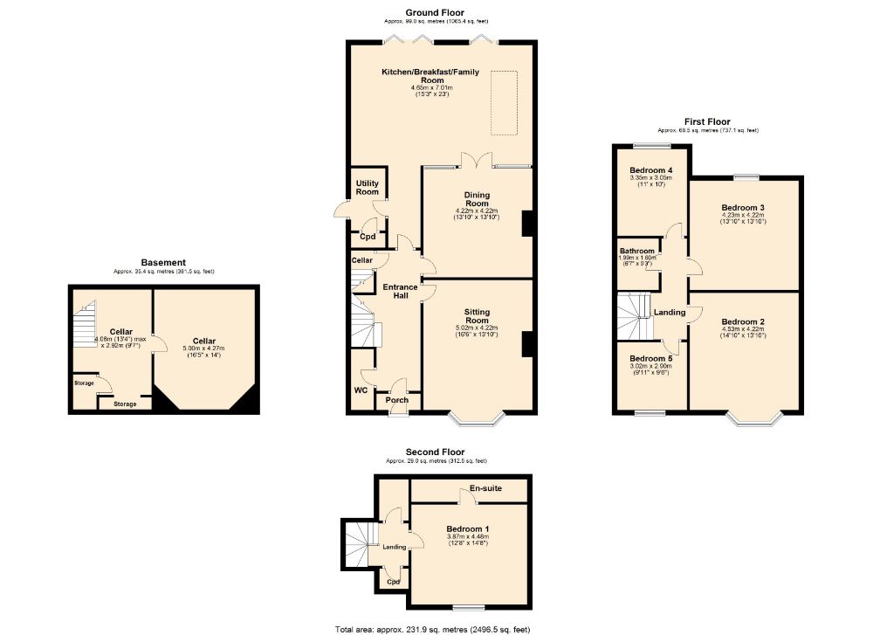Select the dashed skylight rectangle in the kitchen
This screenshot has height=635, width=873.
pyautogui.click(x=504, y=102)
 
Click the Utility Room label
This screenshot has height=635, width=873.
pyautogui.click(x=367, y=187)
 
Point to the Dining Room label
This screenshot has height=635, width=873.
pyautogui.click(x=477, y=198)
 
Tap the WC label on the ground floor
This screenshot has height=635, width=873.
pyautogui.click(x=360, y=390)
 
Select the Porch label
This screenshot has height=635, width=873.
pyautogui.click(x=397, y=401)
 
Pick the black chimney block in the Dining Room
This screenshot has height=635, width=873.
pyautogui.click(x=527, y=224)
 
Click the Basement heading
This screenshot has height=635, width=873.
pyautogui.click(x=163, y=262)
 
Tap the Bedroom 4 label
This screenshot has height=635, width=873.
pyautogui.click(x=651, y=169)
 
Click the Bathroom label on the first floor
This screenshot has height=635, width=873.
pyautogui.click(x=637, y=252)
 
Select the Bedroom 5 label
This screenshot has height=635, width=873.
pyautogui.click(x=651, y=359)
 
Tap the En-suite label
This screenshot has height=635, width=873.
pyautogui.click(x=485, y=488)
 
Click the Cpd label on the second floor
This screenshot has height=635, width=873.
pyautogui.click(x=393, y=582)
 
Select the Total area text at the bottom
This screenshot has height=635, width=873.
pyautogui.click(x=432, y=629)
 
